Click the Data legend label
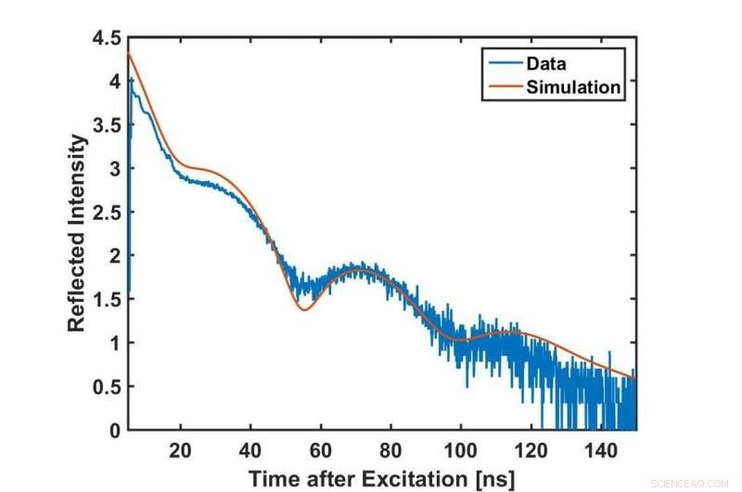point(545,65)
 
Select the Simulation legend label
point(573,88)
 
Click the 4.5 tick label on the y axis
point(104,39)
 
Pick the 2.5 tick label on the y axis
point(104,213)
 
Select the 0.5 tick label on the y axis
point(104,386)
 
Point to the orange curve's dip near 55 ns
point(303,309)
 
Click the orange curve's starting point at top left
point(128,54)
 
